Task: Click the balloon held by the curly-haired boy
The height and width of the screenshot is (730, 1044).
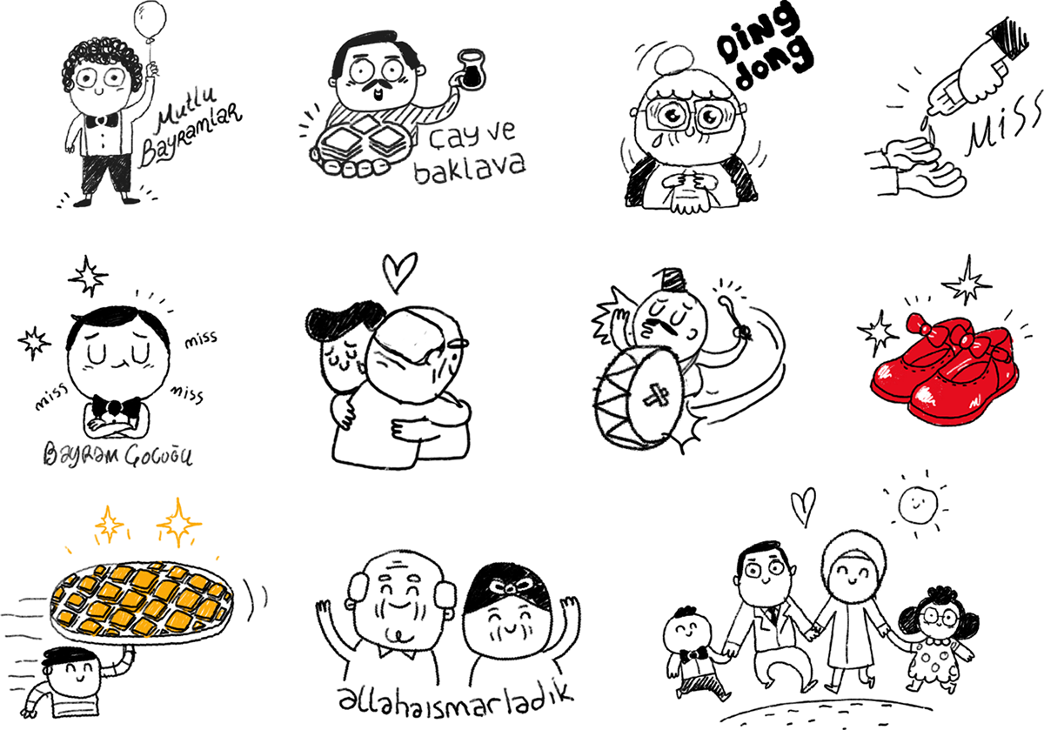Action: point(151,18)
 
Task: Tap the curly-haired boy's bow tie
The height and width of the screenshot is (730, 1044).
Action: point(102,118)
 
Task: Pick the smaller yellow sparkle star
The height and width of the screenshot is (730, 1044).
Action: point(110,524)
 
